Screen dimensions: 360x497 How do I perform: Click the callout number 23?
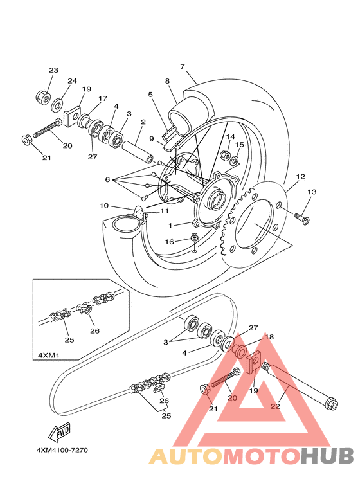[x=53, y=70]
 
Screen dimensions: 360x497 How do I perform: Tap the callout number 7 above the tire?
[x=182, y=67]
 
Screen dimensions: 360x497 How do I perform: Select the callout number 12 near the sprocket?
[x=300, y=177]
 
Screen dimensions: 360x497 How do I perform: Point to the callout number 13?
[x=312, y=192]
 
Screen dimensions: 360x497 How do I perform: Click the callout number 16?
[x=170, y=242]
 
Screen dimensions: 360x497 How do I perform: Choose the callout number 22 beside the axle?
[x=275, y=406]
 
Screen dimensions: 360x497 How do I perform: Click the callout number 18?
[x=269, y=337]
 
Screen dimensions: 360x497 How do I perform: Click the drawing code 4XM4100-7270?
[x=62, y=450]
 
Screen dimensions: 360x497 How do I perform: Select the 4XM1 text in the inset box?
[x=48, y=355]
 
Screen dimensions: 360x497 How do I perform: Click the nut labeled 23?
[x=42, y=96]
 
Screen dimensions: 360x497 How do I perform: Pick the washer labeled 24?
[x=57, y=105]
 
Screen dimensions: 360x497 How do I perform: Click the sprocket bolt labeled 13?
[x=302, y=219]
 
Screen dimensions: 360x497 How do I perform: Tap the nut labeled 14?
[x=225, y=156]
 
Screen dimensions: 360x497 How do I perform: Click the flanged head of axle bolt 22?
[x=332, y=405]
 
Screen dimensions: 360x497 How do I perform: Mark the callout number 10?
[x=104, y=206]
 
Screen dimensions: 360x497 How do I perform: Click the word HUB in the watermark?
[x=327, y=455]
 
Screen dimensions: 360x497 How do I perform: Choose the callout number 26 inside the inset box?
[x=94, y=330]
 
